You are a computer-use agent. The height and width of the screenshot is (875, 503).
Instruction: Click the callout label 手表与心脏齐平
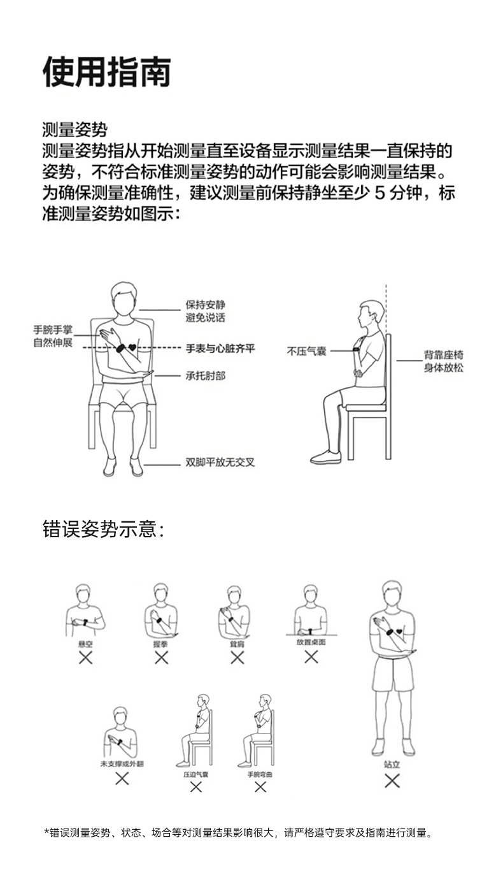tap(220, 349)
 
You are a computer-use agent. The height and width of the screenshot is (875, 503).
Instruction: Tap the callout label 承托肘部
tap(205, 376)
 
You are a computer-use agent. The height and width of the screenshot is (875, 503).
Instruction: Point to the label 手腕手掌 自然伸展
tap(53, 336)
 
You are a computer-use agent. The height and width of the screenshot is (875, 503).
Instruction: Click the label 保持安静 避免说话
tap(205, 311)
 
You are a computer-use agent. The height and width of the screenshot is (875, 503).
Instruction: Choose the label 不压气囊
tap(306, 351)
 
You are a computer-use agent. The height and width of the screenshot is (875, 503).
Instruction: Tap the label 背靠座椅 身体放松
tap(444, 361)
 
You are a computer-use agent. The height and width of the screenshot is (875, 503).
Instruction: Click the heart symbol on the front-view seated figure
tap(132, 348)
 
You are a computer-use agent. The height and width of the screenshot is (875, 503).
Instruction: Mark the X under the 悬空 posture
tap(85, 658)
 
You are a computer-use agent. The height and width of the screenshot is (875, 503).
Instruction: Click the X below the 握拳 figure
tap(161, 658)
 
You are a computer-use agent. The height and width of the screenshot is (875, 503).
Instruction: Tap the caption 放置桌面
tap(311, 642)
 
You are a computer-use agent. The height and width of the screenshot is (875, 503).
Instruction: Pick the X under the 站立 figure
tap(392, 781)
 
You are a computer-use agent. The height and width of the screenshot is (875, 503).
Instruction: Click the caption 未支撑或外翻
tap(122, 763)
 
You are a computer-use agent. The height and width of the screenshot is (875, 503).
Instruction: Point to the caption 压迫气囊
tap(195, 774)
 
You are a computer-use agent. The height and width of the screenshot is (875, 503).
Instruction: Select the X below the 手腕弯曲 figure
tap(260, 787)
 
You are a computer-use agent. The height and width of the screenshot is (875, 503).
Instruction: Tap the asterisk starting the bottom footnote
tap(46, 833)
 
